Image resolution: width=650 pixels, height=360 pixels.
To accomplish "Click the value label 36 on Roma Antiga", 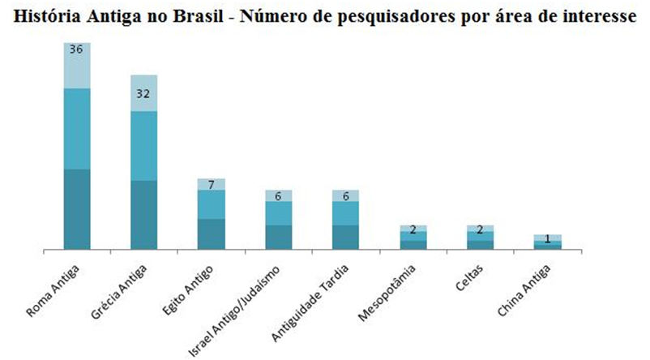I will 77,49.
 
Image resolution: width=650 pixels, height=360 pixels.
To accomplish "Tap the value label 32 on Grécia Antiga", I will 144,93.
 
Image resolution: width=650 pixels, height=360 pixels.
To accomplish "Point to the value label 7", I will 211,185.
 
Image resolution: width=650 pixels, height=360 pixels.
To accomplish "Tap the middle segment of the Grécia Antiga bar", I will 144,146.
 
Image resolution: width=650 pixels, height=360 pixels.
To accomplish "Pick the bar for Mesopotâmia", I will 413,238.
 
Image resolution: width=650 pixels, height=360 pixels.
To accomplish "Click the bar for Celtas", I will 480,238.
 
